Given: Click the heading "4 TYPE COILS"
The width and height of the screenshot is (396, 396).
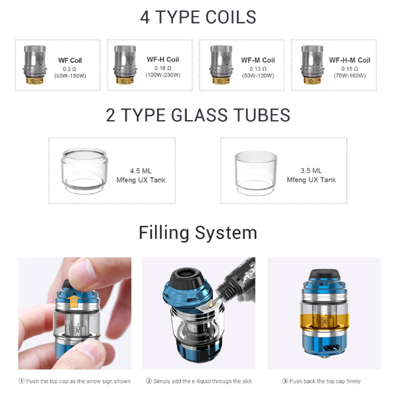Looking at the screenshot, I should [x=198, y=16].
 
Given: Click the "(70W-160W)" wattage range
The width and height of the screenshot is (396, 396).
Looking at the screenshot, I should [x=349, y=75].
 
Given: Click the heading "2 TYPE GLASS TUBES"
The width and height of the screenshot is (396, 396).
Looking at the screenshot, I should [x=198, y=115].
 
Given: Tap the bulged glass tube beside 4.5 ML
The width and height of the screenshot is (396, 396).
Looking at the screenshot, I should [x=85, y=170].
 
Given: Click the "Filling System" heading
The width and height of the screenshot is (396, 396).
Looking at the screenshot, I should [x=198, y=233].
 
